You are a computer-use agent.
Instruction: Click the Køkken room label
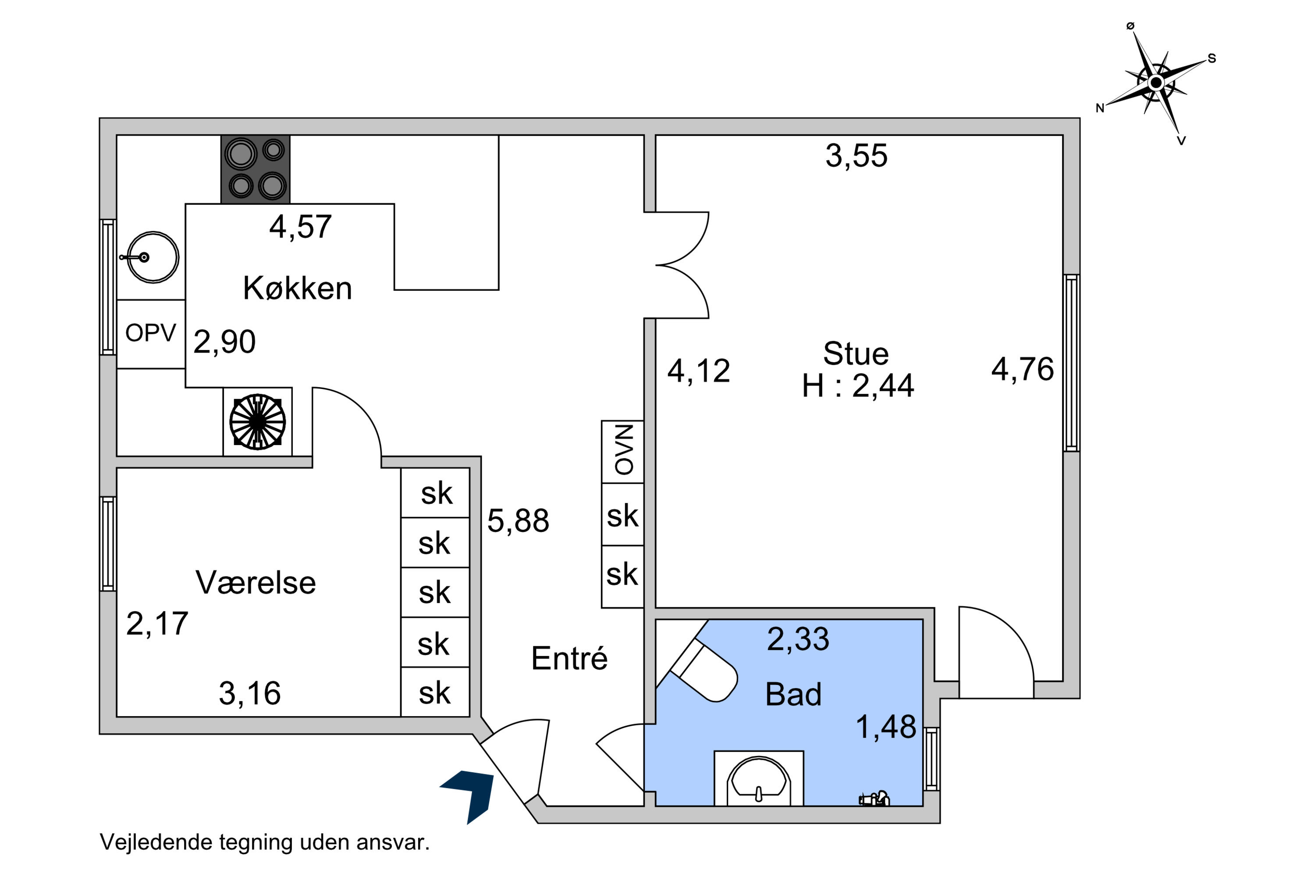(298, 289)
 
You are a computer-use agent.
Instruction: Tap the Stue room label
(856, 353)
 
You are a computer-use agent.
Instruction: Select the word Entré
(569, 658)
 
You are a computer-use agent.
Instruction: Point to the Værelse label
(256, 582)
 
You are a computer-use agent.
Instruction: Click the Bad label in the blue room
(793, 694)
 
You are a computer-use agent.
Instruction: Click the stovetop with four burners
(256, 169)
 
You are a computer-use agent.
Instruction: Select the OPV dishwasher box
(151, 334)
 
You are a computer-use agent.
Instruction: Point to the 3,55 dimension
(856, 156)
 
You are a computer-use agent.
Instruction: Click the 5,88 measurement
(518, 521)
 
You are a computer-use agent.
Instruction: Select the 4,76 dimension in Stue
(1023, 369)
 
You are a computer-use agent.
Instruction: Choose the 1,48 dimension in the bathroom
(886, 727)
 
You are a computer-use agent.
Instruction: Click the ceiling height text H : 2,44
(858, 385)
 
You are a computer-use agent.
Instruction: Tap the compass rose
(1155, 83)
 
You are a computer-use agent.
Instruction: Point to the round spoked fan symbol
(257, 422)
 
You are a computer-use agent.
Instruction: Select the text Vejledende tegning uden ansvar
(264, 842)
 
